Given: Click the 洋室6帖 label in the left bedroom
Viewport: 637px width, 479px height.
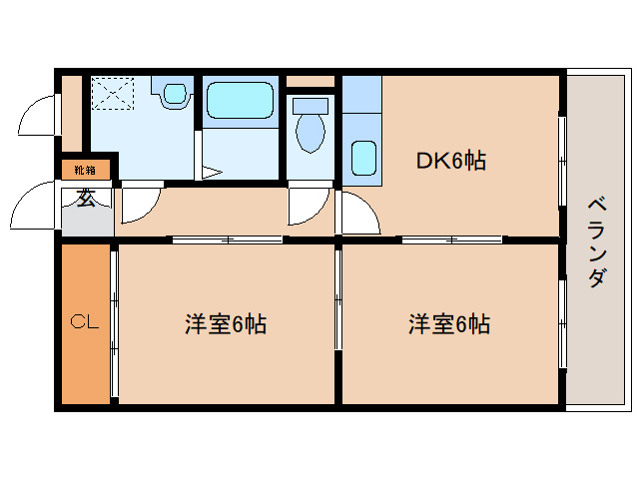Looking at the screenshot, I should (x=225, y=323).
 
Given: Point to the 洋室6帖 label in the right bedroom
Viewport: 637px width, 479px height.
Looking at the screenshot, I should (x=448, y=323).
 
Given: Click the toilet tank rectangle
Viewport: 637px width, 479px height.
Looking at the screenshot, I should (x=311, y=105).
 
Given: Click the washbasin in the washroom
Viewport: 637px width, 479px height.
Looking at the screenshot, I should (x=176, y=96).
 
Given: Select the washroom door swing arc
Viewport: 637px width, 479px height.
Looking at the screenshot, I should (x=139, y=205).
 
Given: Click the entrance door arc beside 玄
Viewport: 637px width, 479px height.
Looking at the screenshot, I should (x=33, y=208).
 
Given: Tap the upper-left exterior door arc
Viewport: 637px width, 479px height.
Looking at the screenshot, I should (x=38, y=116).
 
